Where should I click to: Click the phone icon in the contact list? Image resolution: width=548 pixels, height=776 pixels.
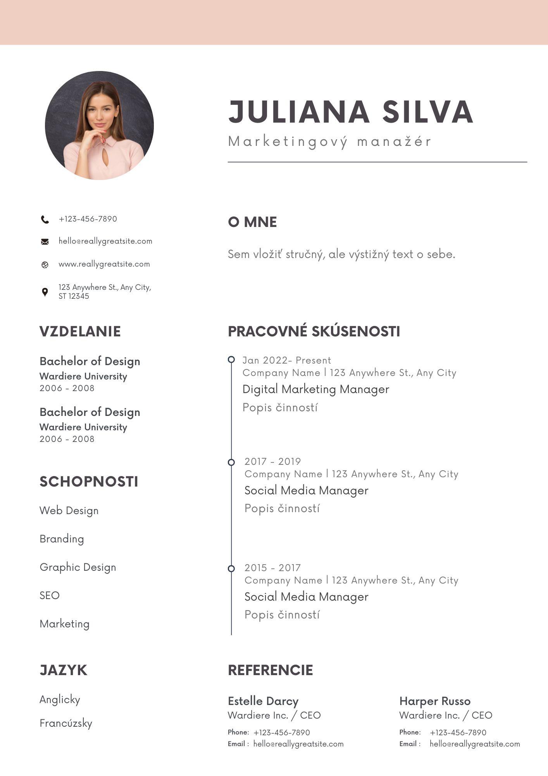(x=45, y=220)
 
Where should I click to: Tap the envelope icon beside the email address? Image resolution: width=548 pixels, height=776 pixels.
(x=45, y=242)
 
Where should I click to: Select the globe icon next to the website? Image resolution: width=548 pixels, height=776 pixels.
(x=45, y=265)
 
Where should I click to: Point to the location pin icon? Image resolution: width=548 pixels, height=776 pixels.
(x=45, y=292)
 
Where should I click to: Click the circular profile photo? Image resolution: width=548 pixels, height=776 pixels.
(x=99, y=125)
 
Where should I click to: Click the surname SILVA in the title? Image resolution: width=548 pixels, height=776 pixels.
(x=427, y=112)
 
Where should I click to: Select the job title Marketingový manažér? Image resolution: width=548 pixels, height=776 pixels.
(x=329, y=142)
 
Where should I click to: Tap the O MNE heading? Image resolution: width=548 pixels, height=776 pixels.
(x=252, y=222)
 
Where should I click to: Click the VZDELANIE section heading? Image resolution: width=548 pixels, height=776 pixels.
(x=80, y=331)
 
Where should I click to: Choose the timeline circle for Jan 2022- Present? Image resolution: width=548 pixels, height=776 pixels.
(x=231, y=360)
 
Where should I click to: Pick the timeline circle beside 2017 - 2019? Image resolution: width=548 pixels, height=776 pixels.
(x=231, y=462)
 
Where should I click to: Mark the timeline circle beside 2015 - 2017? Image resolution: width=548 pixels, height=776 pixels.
(x=231, y=568)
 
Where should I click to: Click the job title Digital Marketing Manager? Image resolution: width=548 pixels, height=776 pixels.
(x=315, y=389)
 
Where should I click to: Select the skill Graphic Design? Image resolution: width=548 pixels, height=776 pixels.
(x=78, y=567)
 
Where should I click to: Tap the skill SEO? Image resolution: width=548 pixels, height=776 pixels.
(x=50, y=595)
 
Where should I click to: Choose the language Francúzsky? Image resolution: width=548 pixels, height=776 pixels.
(x=66, y=723)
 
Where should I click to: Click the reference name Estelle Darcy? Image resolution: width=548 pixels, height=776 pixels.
(x=263, y=701)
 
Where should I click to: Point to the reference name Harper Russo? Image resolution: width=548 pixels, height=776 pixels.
(x=435, y=701)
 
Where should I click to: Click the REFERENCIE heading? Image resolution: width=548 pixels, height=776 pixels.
(x=270, y=670)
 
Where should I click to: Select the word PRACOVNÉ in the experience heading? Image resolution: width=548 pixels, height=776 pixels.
(x=267, y=331)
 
